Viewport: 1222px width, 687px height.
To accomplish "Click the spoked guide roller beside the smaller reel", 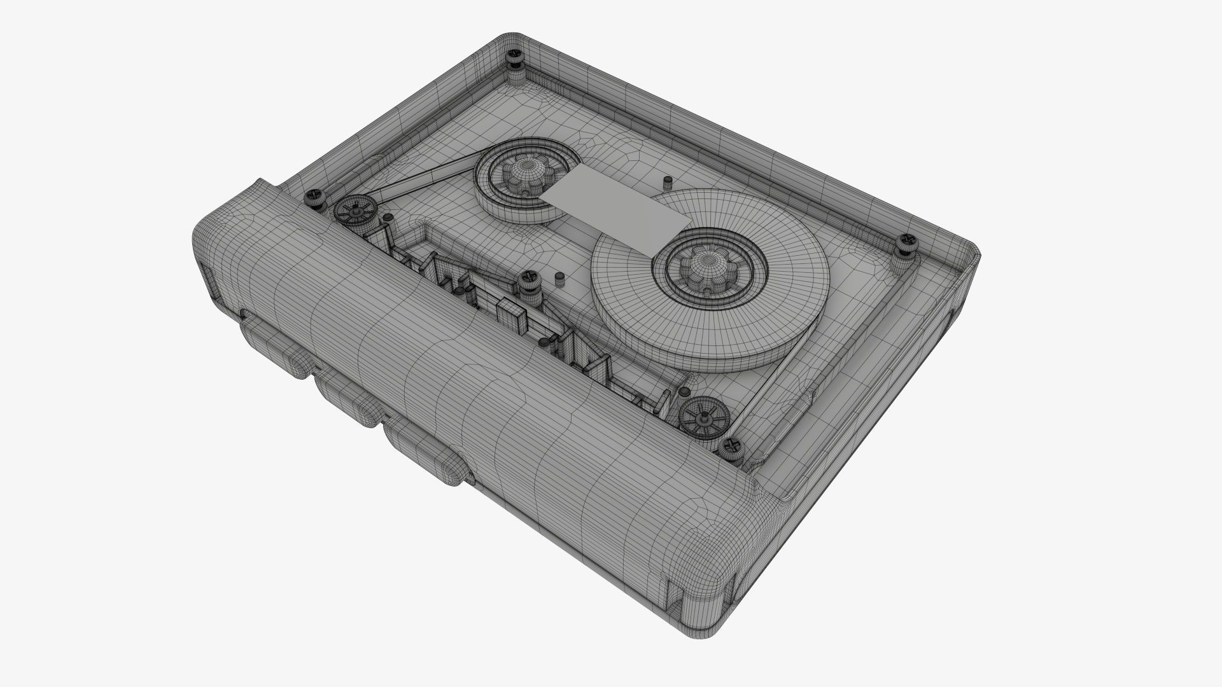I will tap(353, 211).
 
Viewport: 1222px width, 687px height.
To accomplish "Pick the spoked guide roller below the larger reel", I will tap(703, 417).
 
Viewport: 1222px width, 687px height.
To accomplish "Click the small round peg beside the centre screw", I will tap(559, 280).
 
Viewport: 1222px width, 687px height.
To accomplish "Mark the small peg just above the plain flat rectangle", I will tap(666, 183).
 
